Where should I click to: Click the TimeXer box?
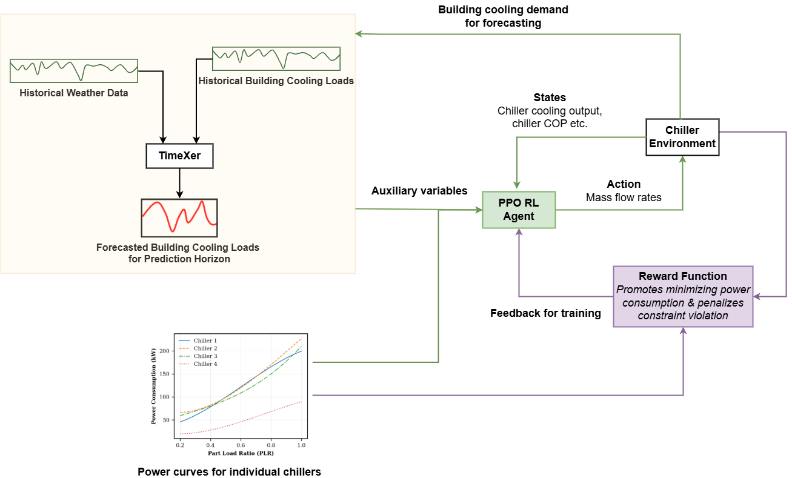[179, 156]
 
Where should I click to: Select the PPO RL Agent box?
[519, 210]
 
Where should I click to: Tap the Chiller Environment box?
[682, 137]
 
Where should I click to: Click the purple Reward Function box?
[683, 296]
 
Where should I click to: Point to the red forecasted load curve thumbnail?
[179, 217]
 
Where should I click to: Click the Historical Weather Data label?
[74, 93]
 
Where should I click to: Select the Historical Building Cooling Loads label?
[276, 81]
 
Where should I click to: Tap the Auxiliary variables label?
[419, 191]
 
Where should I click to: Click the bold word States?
[550, 98]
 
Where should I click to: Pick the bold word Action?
[624, 184]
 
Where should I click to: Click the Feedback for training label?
[545, 313]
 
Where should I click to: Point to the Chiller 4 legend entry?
[205, 364]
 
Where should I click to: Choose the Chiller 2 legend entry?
[205, 348]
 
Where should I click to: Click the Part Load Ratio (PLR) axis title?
[241, 453]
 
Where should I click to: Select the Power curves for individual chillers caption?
[229, 472]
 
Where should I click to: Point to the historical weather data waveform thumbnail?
[74, 71]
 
